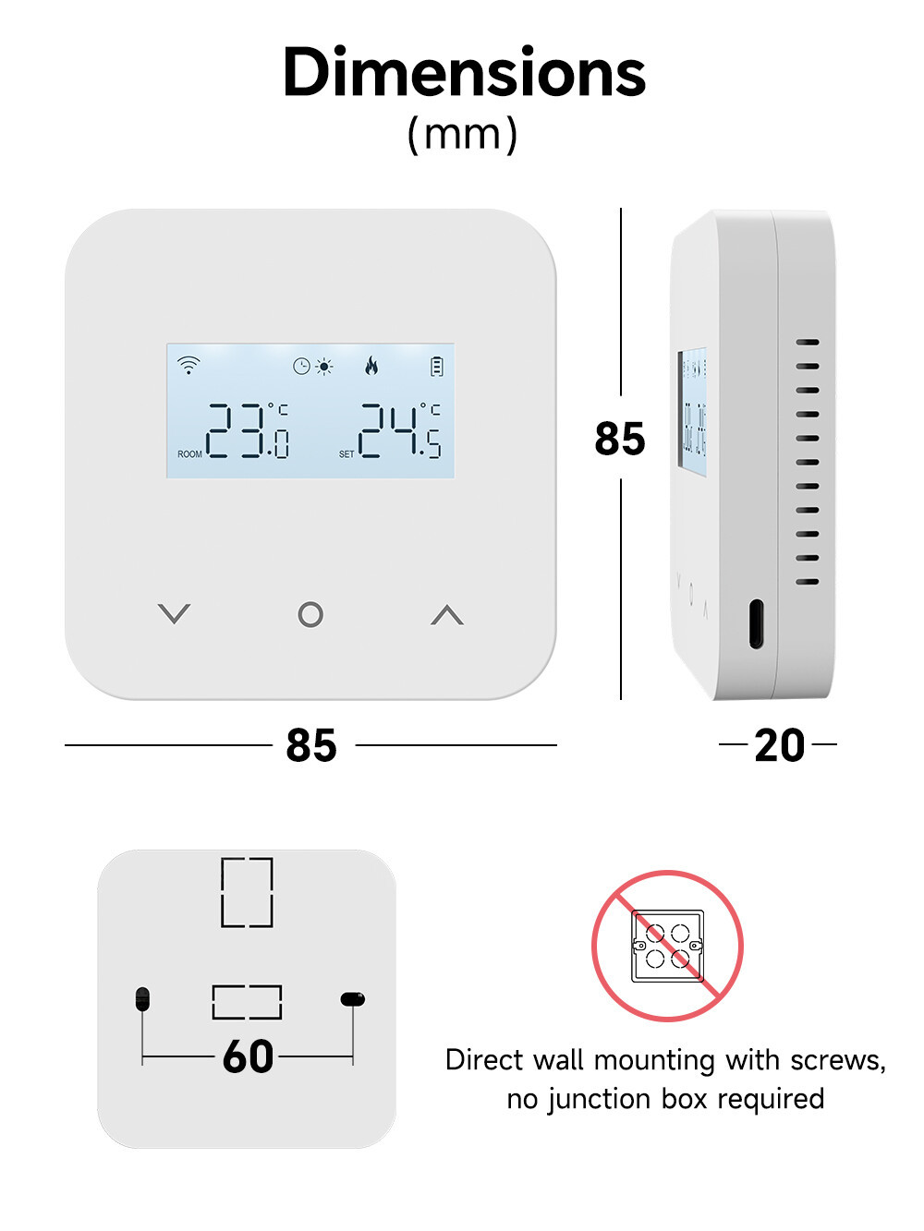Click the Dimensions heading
(464, 72)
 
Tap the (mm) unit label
(462, 134)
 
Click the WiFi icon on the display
(188, 365)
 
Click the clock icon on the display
(302, 367)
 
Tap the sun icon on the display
(324, 367)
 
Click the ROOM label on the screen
(189, 453)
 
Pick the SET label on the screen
(346, 453)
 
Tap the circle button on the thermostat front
(310, 614)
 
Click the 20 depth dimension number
(779, 745)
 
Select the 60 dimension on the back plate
(248, 1056)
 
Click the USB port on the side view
(756, 623)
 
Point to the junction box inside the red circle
(668, 946)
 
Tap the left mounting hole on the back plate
(142, 999)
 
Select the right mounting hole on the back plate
(353, 999)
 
